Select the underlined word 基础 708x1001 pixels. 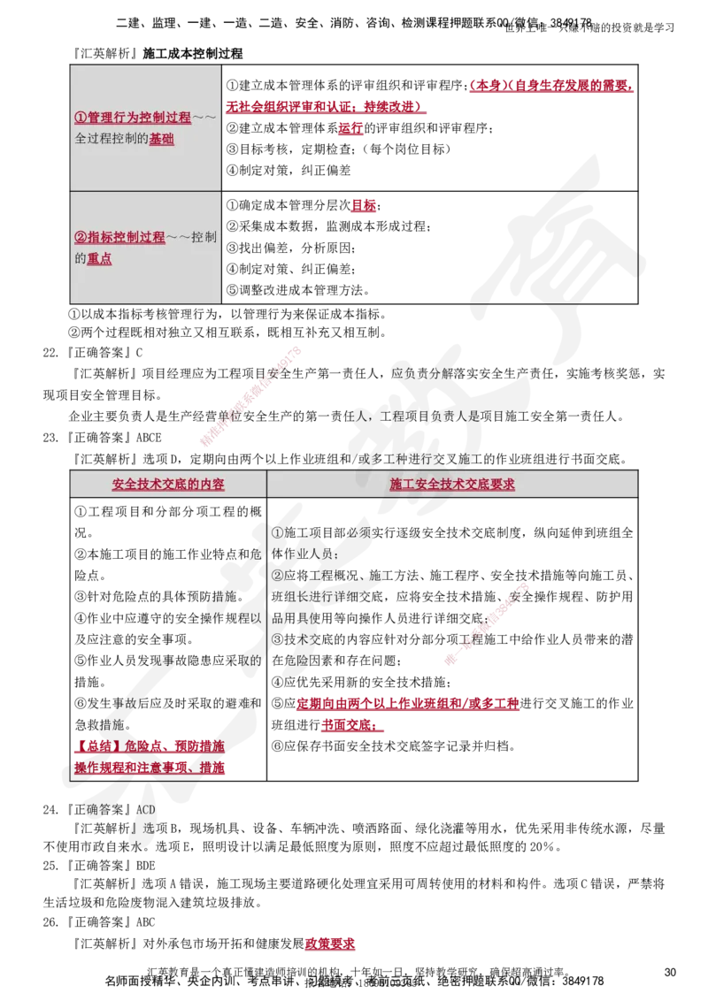pyautogui.click(x=161, y=139)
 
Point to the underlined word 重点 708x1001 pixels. pyautogui.click(x=99, y=259)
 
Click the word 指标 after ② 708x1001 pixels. pyautogui.click(x=98, y=237)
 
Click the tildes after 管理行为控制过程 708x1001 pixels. pyautogui.click(x=204, y=118)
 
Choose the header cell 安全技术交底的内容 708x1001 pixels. pyautogui.click(x=168, y=485)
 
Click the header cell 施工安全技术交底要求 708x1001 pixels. pyautogui.click(x=452, y=485)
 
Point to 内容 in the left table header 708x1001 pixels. pyautogui.click(x=212, y=485)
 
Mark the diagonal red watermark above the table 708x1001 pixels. pyautogui.click(x=251, y=397)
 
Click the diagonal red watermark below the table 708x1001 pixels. pyautogui.click(x=488, y=623)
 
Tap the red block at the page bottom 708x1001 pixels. pyautogui.click(x=330, y=944)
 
